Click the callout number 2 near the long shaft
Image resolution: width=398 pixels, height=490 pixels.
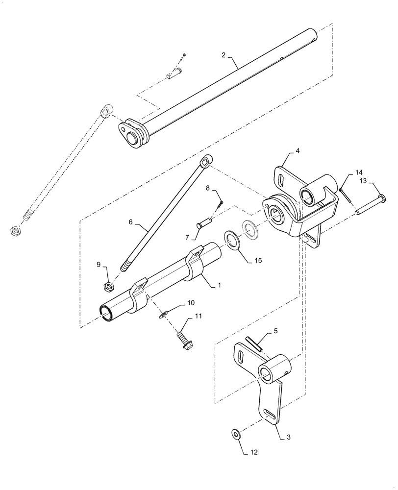[224, 55]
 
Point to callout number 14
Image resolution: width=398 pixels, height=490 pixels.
[359, 172]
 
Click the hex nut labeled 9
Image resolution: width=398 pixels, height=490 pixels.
[111, 285]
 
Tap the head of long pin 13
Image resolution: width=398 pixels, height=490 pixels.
[382, 198]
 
